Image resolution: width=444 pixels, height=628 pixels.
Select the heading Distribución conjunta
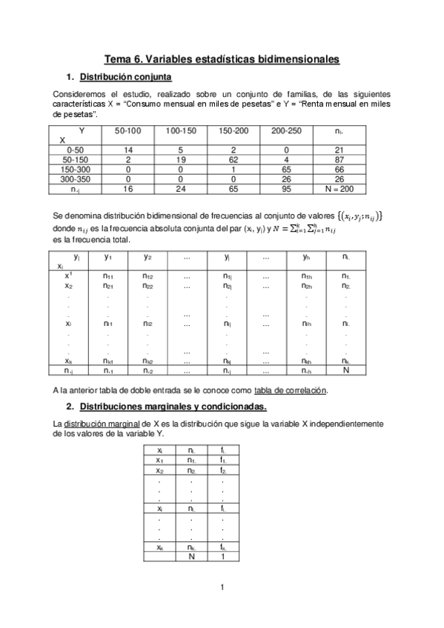coord(126,77)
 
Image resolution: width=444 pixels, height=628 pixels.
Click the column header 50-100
coord(128,130)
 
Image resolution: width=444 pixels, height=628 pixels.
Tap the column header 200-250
coord(287,130)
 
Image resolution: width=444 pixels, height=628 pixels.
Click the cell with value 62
coord(233,159)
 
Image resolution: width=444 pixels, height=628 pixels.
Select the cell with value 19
coord(181,159)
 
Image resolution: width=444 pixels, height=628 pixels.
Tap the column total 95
coord(287,189)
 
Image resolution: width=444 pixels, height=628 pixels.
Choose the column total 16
coord(128,189)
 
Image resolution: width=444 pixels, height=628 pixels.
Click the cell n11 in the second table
coord(108,275)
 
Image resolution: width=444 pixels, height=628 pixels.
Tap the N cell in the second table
coord(345,371)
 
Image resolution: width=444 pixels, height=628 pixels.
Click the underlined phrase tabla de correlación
coord(290,390)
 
